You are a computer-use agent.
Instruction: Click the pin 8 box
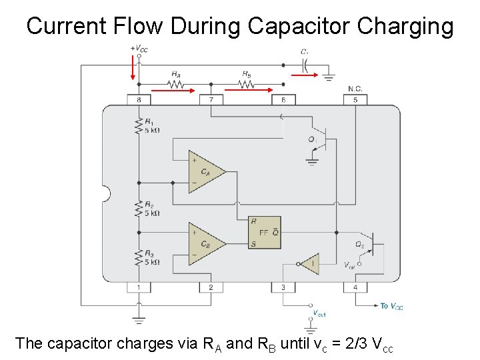click(x=139, y=100)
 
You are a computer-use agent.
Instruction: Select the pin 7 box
click(x=211, y=100)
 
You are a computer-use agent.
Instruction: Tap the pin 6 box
click(x=283, y=100)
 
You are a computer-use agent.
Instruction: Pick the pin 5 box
click(x=355, y=100)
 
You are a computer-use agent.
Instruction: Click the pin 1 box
click(x=139, y=287)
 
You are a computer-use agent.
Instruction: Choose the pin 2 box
click(x=211, y=287)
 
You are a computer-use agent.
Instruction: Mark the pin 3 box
click(x=283, y=287)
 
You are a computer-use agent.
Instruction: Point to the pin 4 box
click(x=355, y=287)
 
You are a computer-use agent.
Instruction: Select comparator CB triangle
click(x=205, y=243)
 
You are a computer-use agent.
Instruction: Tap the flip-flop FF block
click(x=264, y=233)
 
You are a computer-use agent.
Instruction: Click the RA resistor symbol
click(x=175, y=84)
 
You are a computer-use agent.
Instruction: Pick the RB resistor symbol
click(x=247, y=84)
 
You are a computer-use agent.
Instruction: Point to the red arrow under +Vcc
click(x=133, y=67)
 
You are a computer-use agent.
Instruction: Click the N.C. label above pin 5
click(x=355, y=89)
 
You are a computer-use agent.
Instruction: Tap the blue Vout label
click(x=319, y=313)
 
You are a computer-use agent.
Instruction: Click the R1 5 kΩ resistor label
click(x=151, y=127)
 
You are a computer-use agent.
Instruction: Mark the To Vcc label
click(x=392, y=307)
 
